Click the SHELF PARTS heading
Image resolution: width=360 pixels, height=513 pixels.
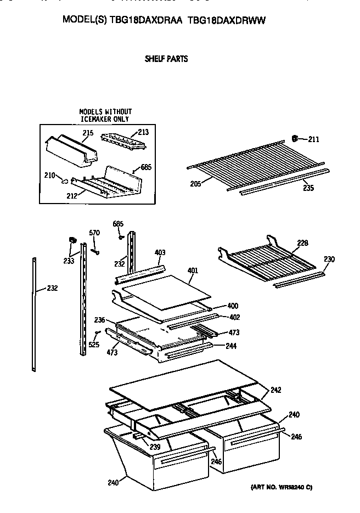166,59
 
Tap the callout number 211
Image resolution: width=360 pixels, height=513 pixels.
313,139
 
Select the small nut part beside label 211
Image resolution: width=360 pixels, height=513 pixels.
295,137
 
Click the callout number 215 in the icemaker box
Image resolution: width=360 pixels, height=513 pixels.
88,133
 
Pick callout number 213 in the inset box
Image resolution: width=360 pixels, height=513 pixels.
143,132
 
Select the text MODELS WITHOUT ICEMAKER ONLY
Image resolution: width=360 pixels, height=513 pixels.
105,115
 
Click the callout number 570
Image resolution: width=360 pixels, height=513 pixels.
94,233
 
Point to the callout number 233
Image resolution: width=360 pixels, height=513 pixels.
69,261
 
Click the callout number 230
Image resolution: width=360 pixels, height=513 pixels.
329,259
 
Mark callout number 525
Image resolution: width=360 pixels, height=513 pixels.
93,345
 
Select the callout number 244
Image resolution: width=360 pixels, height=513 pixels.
231,346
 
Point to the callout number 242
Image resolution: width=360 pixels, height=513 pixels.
275,390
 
